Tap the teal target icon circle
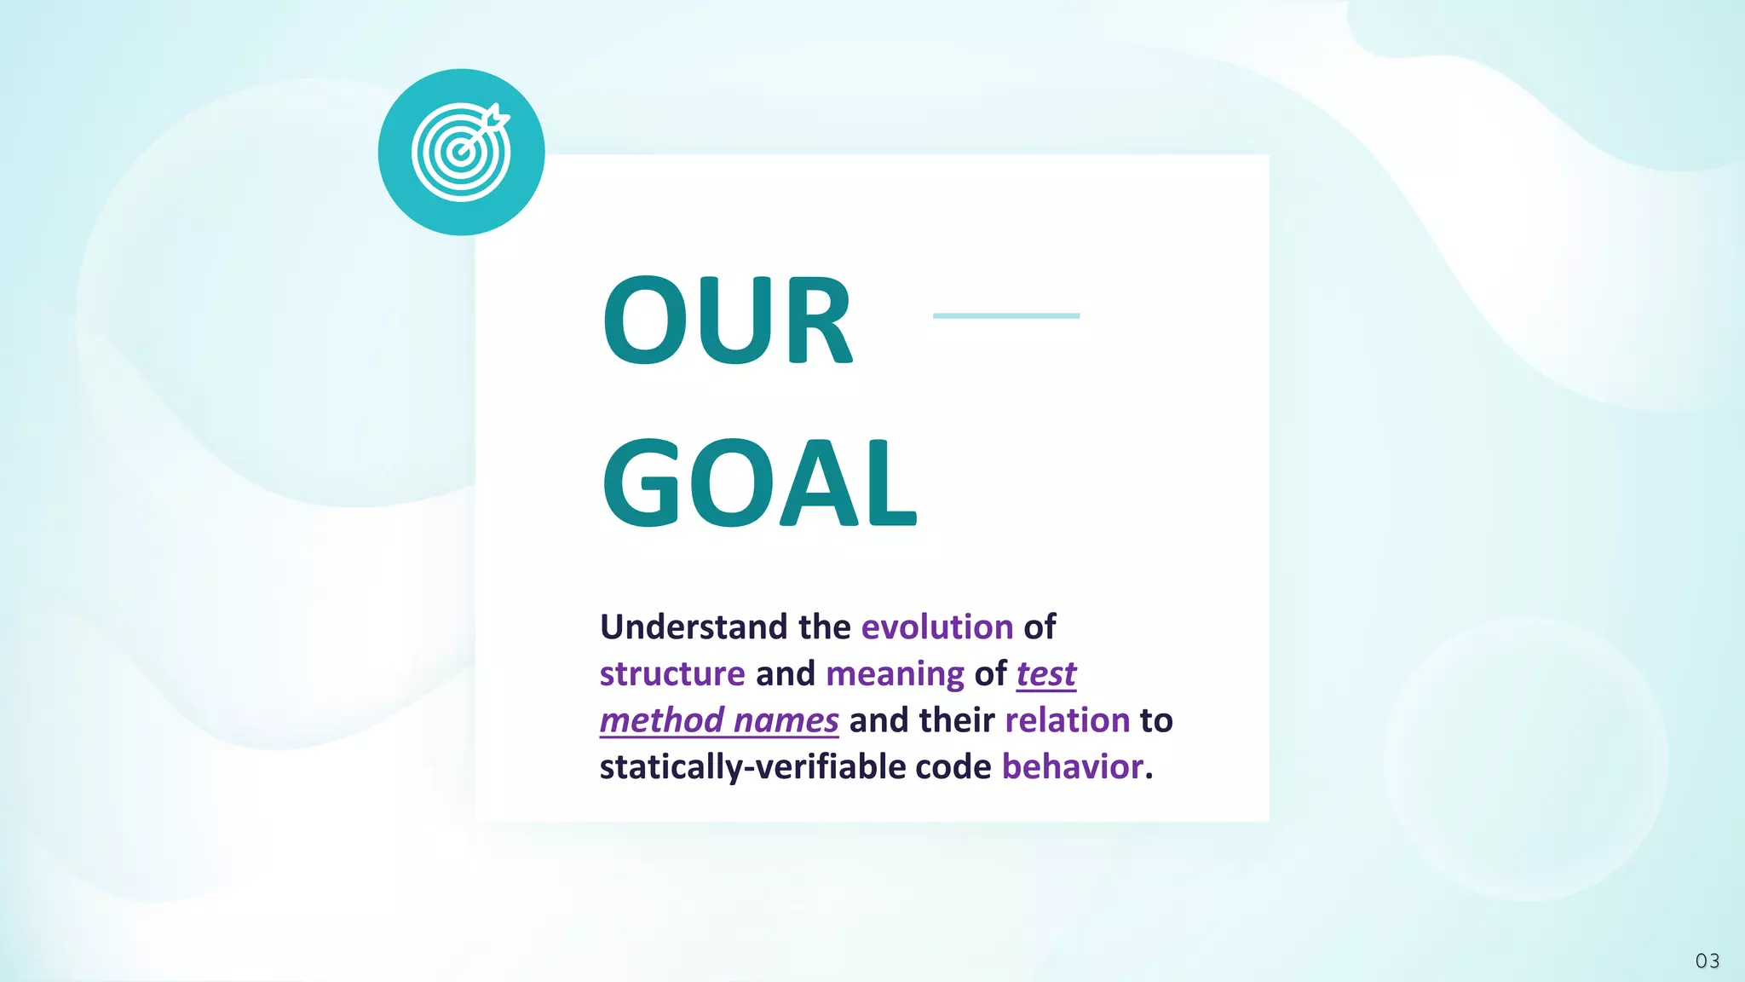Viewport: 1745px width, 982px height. click(x=461, y=153)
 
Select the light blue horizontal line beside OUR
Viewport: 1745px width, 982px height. click(x=1005, y=315)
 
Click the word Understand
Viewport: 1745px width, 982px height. click(x=694, y=627)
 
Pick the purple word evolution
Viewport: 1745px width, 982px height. click(x=936, y=627)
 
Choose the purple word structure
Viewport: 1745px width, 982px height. click(x=672, y=674)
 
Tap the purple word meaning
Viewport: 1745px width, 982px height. click(x=895, y=674)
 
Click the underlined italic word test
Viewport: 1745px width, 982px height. click(x=1045, y=674)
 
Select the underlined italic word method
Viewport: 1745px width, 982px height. click(x=662, y=721)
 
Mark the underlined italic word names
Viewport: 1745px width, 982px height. click(x=786, y=721)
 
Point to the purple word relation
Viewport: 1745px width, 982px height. click(x=1067, y=721)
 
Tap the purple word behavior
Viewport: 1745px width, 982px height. click(x=1072, y=767)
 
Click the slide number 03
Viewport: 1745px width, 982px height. click(x=1707, y=961)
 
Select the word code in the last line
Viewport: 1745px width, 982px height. click(x=953, y=767)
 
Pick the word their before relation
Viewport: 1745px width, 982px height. click(x=956, y=721)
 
